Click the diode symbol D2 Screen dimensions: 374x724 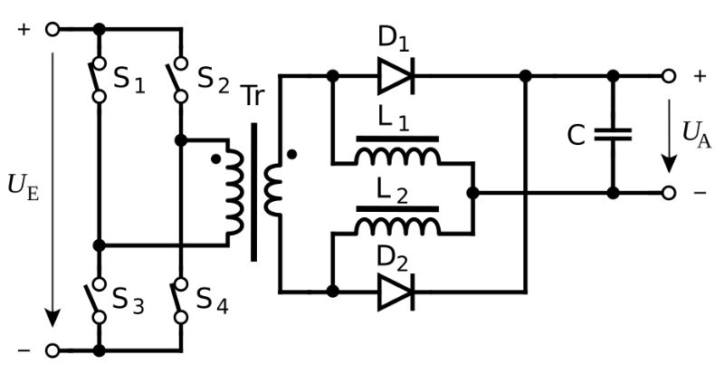(395, 291)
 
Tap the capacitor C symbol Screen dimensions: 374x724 (613, 135)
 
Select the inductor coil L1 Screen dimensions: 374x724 (398, 155)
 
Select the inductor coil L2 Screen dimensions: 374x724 (398, 224)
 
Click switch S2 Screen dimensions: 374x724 (180, 79)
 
